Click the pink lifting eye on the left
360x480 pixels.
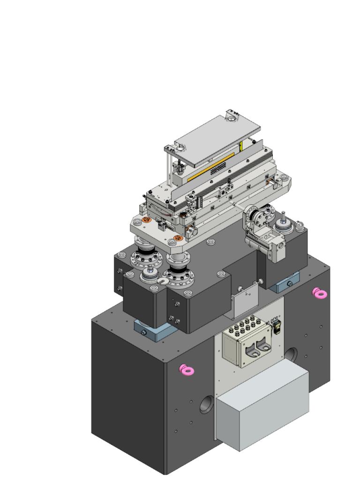[187, 370]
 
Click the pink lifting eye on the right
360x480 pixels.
[320, 293]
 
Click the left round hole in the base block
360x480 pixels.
[206, 404]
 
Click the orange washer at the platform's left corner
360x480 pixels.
[146, 219]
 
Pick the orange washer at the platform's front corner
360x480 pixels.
[177, 240]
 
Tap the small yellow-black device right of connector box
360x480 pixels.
[277, 325]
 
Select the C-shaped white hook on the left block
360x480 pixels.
[163, 281]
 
